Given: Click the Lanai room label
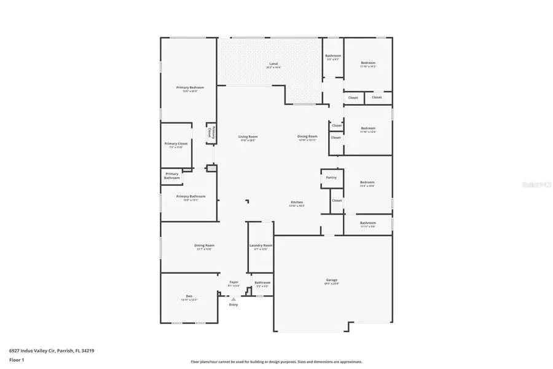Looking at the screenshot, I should coord(273,64).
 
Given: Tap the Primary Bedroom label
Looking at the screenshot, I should coord(190,88).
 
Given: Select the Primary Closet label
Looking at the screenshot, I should coord(176,144).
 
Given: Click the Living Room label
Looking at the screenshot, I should coord(248,137).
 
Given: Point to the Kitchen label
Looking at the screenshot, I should coord(296,202).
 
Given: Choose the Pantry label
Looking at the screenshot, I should coord(331,177).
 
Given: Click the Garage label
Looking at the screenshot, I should coord(331,280).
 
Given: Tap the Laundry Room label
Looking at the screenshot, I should coord(261,245).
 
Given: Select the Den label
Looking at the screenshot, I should coord(189,296).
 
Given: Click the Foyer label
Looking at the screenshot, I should coord(233,282).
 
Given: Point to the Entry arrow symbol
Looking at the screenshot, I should coord(233,299).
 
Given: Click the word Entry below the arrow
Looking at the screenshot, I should coord(233,304).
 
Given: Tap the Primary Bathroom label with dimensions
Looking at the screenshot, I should coord(190,197).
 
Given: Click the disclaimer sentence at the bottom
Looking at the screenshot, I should coord(276,362).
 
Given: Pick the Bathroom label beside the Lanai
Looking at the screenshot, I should coord(333,56).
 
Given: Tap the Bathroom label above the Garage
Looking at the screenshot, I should coord(367,223).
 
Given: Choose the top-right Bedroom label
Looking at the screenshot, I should coord(367,63).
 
